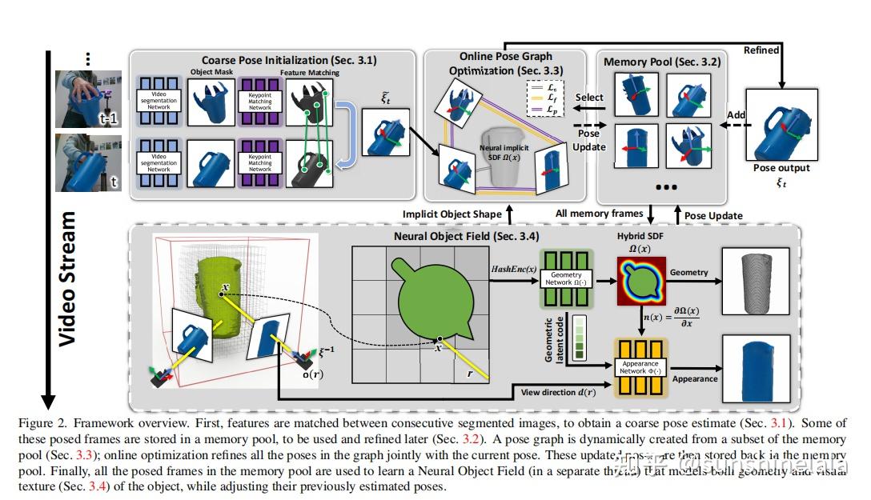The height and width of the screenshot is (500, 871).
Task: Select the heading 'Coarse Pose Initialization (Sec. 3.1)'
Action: click(288, 60)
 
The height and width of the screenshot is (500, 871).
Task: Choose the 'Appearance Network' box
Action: click(640, 367)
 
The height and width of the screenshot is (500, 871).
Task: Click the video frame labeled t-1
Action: click(86, 98)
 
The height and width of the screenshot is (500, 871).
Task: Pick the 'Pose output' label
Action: click(781, 168)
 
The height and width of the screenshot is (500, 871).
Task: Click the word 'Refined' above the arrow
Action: click(761, 50)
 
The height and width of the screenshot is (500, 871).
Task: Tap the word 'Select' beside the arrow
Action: click(590, 97)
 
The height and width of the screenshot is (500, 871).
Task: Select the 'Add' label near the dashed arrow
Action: click(736, 115)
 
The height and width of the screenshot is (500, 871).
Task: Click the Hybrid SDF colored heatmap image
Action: click(641, 281)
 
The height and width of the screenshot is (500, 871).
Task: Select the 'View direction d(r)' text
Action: click(558, 392)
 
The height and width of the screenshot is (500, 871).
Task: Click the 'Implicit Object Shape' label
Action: click(450, 214)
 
